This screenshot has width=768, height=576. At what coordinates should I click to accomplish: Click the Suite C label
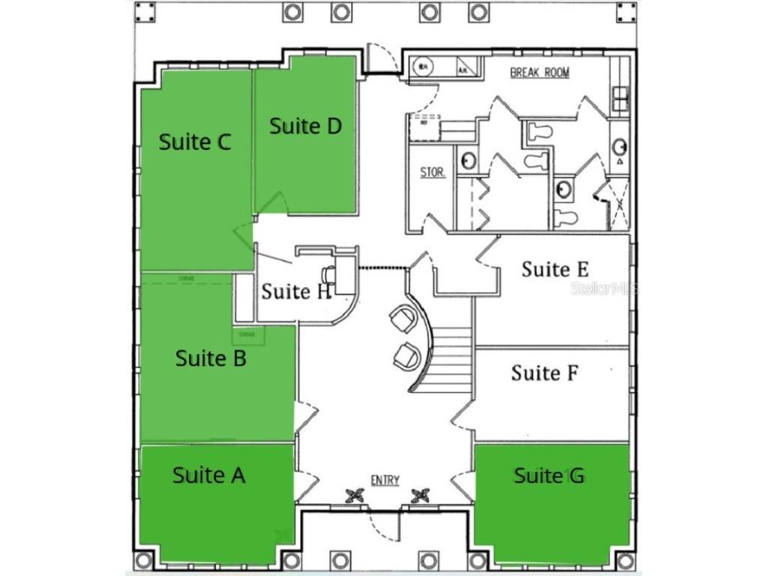pyautogui.click(x=194, y=142)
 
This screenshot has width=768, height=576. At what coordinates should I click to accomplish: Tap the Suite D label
pyautogui.click(x=305, y=126)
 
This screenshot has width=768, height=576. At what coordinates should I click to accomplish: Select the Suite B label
pyautogui.click(x=211, y=358)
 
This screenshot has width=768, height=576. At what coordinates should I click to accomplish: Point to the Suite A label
pyautogui.click(x=208, y=475)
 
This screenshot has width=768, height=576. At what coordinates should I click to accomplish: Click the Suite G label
pyautogui.click(x=549, y=475)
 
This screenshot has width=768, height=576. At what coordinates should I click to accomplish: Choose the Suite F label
pyautogui.click(x=544, y=372)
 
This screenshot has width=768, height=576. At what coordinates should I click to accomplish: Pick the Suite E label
pyautogui.click(x=555, y=268)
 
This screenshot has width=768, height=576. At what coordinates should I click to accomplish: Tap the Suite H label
pyautogui.click(x=296, y=291)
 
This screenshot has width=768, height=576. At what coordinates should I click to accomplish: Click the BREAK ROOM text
pyautogui.click(x=539, y=73)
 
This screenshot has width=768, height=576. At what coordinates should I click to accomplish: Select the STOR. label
pyautogui.click(x=432, y=172)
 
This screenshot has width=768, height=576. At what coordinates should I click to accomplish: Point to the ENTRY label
pyautogui.click(x=385, y=481)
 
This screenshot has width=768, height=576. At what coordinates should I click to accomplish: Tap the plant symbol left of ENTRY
pyautogui.click(x=355, y=496)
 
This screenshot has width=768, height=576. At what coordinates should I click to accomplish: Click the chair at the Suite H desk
pyautogui.click(x=330, y=275)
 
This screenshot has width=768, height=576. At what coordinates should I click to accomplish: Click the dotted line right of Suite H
pyautogui.click(x=382, y=268)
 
